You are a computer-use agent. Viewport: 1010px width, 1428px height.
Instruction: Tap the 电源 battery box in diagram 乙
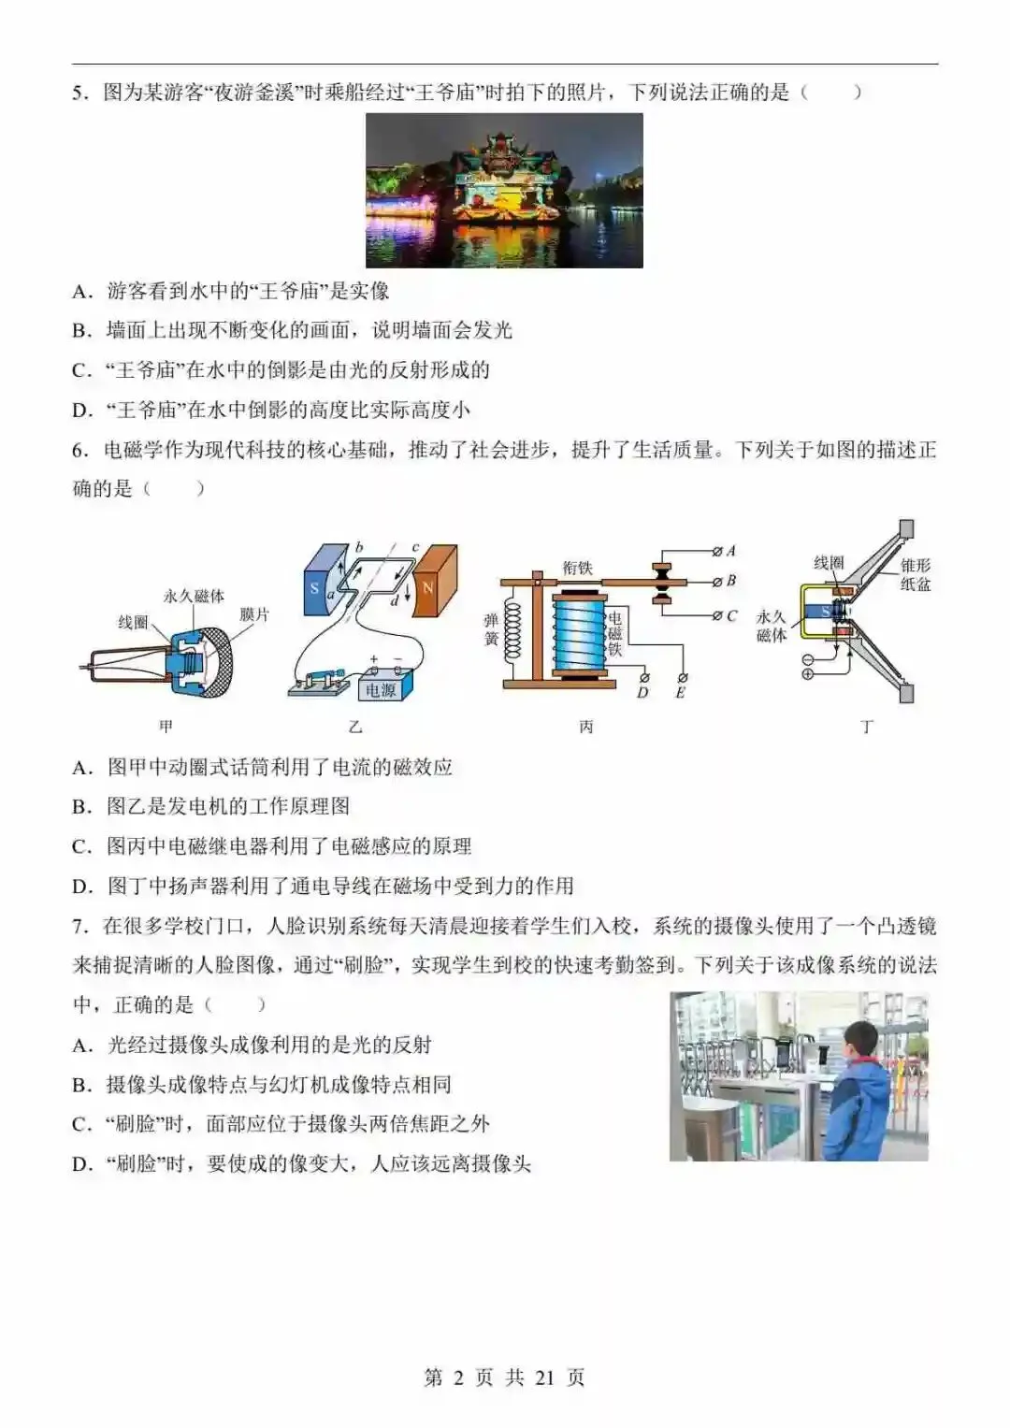coord(381,690)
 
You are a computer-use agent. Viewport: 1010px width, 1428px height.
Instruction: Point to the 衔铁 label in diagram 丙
coord(577,568)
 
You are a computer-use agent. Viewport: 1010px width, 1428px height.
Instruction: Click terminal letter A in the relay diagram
coord(731,551)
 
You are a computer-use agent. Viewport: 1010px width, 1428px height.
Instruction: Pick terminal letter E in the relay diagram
coord(681,693)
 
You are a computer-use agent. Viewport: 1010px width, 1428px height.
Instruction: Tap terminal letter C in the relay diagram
coord(731,616)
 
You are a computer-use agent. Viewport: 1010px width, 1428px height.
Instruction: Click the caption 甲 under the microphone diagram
coord(166,727)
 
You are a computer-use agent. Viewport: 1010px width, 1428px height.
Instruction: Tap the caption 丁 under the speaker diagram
coord(867,727)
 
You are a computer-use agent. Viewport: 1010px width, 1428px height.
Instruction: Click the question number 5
coord(79,93)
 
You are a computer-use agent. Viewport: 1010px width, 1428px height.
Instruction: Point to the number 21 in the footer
coord(545,1378)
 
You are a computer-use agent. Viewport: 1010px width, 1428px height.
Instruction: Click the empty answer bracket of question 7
coord(235,1005)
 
